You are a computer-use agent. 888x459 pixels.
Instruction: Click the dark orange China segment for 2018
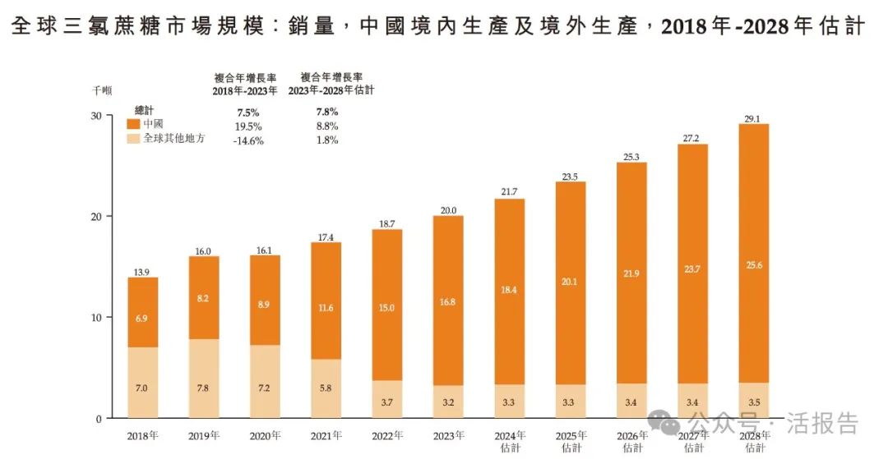pos(142,312)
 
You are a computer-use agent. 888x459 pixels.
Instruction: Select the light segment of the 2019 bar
pos(204,379)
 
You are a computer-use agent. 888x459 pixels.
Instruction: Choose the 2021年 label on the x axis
pos(326,434)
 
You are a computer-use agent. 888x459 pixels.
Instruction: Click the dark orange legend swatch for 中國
pos(132,124)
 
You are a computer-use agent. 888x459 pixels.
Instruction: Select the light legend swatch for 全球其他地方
pos(132,139)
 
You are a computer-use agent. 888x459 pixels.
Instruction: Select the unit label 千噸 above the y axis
pos(101,90)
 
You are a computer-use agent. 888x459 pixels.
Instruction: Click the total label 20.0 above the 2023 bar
pos(448,209)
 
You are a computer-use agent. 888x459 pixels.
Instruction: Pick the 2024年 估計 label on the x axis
pos(510,441)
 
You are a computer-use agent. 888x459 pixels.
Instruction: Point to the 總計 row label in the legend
pos(145,110)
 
